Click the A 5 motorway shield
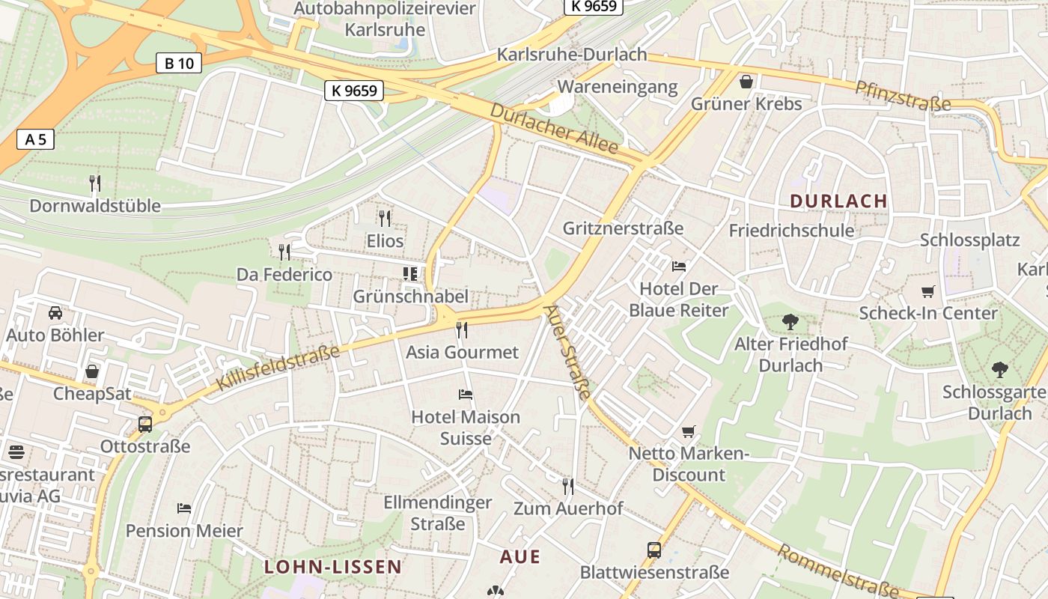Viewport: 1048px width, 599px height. click(36, 139)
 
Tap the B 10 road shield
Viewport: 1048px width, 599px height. click(179, 63)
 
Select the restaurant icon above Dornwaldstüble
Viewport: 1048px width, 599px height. click(95, 183)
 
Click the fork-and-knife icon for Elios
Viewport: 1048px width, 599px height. click(385, 218)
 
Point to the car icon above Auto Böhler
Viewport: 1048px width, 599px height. click(55, 312)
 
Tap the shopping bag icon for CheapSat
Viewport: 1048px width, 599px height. click(92, 371)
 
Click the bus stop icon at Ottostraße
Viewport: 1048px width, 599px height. click(145, 425)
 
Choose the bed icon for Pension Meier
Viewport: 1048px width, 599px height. click(184, 508)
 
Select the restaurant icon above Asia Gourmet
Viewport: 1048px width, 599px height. click(462, 329)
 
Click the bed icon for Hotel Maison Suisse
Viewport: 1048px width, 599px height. click(466, 394)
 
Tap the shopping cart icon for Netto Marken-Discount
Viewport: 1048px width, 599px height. click(689, 431)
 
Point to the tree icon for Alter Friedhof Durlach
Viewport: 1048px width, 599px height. click(790, 322)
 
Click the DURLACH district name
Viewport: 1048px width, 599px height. click(838, 201)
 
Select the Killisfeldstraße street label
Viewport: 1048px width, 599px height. click(278, 368)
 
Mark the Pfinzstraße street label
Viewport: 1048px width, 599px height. click(903, 96)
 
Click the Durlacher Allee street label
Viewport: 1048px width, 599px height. click(555, 129)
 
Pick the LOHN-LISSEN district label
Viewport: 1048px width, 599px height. click(333, 567)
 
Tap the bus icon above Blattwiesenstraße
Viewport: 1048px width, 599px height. click(654, 550)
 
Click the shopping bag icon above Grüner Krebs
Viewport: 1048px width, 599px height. click(746, 81)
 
